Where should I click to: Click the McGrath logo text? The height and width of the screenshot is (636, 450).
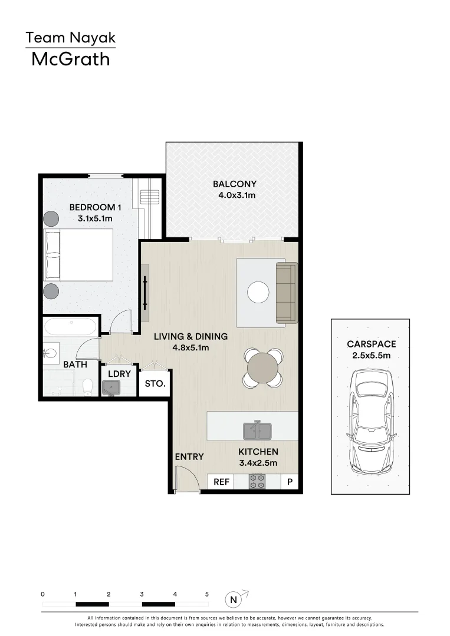pyautogui.click(x=70, y=59)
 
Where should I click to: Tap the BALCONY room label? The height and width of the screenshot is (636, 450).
pyautogui.click(x=234, y=184)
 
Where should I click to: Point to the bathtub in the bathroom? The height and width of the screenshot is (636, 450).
pyautogui.click(x=70, y=326)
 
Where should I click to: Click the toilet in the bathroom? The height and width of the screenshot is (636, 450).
pyautogui.click(x=88, y=386)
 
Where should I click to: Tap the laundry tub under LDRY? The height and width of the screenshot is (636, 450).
pyautogui.click(x=111, y=387)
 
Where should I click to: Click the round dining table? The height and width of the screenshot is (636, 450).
pyautogui.click(x=263, y=369)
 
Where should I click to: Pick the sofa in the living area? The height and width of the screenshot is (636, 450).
pyautogui.click(x=287, y=293)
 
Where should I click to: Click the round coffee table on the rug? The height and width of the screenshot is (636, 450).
pyautogui.click(x=258, y=293)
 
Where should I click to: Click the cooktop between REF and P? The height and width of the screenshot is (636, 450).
pyautogui.click(x=257, y=482)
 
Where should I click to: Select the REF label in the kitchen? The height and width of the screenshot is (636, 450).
pyautogui.click(x=221, y=482)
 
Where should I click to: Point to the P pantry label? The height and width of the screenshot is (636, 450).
pyautogui.click(x=290, y=482)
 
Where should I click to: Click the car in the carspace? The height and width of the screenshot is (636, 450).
pyautogui.click(x=370, y=422)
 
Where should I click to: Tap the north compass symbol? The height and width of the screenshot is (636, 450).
pyautogui.click(x=234, y=600)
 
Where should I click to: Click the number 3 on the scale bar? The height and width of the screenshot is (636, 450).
pyautogui.click(x=142, y=595)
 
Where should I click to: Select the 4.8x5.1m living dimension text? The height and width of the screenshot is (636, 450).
pyautogui.click(x=190, y=347)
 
